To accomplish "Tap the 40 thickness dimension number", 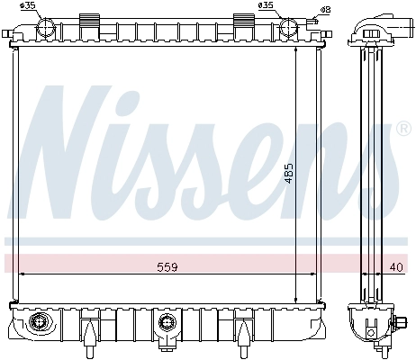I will coord(397,266).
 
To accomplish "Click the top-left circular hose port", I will coord(45,28).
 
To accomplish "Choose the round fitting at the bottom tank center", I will coord(164,321).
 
